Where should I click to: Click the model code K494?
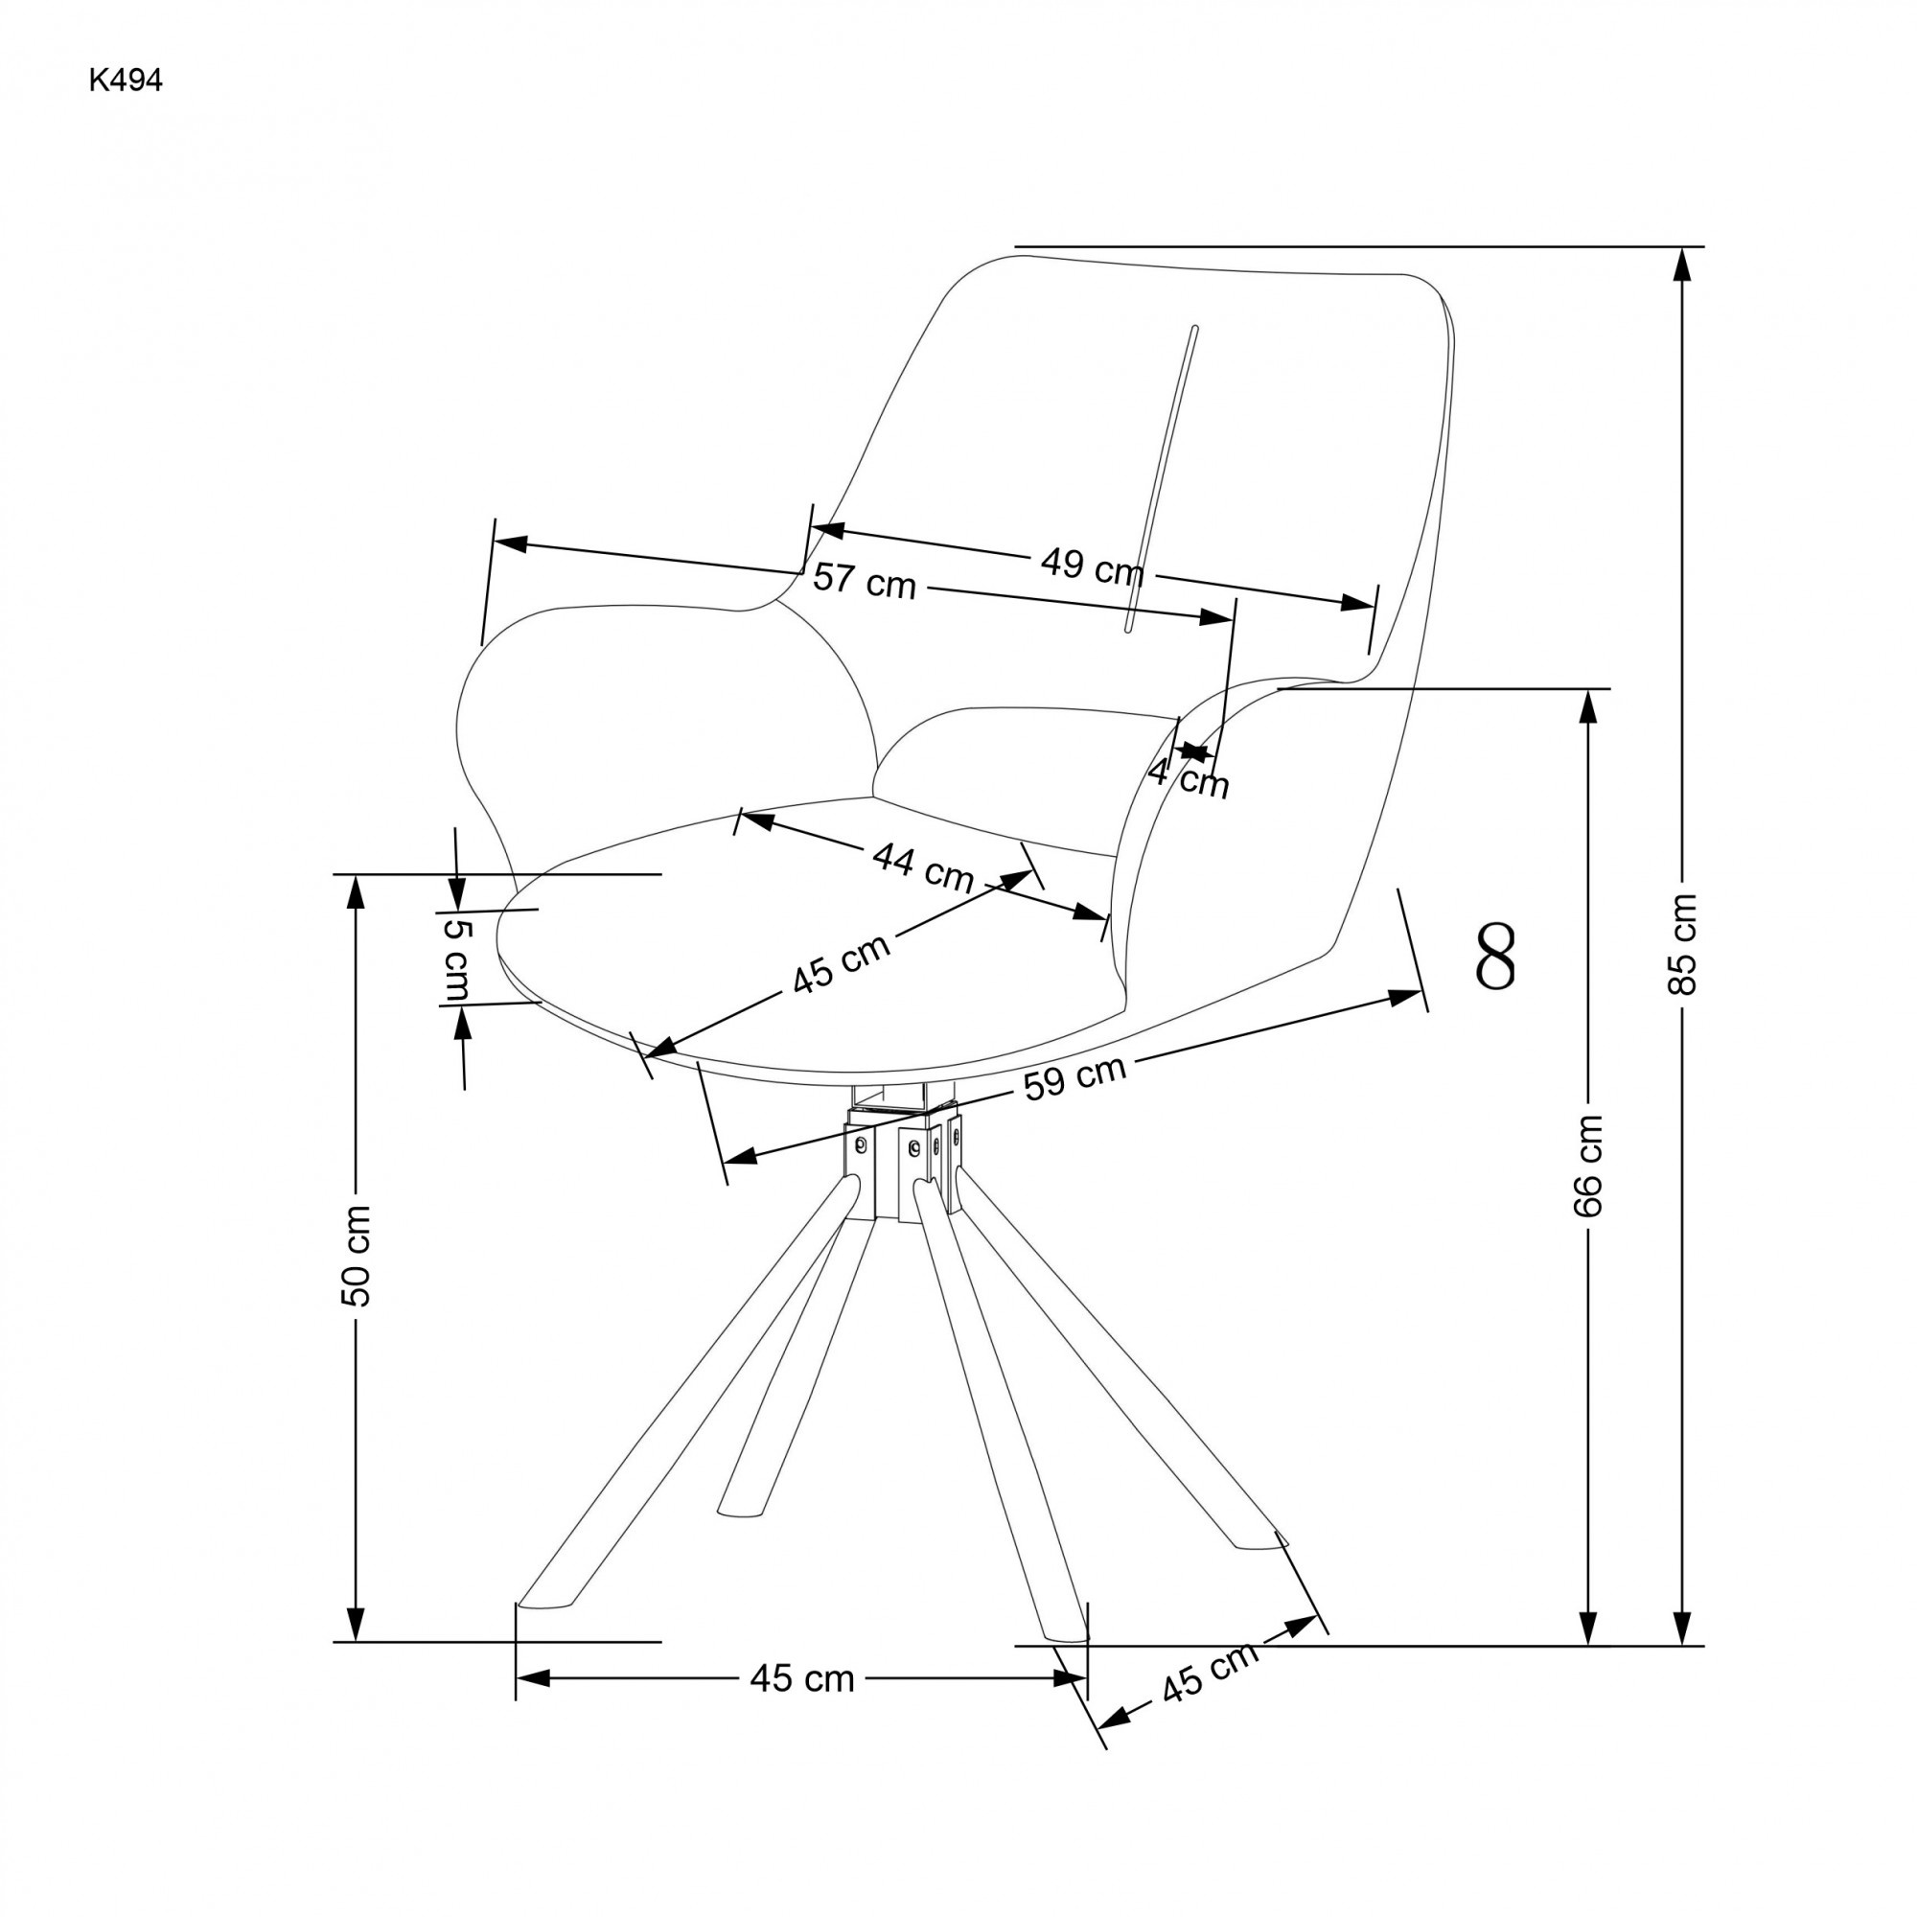[125, 81]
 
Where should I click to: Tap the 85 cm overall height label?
[1682, 942]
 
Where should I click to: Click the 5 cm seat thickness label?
[457, 958]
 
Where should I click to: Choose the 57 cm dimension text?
[864, 581]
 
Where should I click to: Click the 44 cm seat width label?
[923, 867]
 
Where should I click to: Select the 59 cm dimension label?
[1075, 1076]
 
